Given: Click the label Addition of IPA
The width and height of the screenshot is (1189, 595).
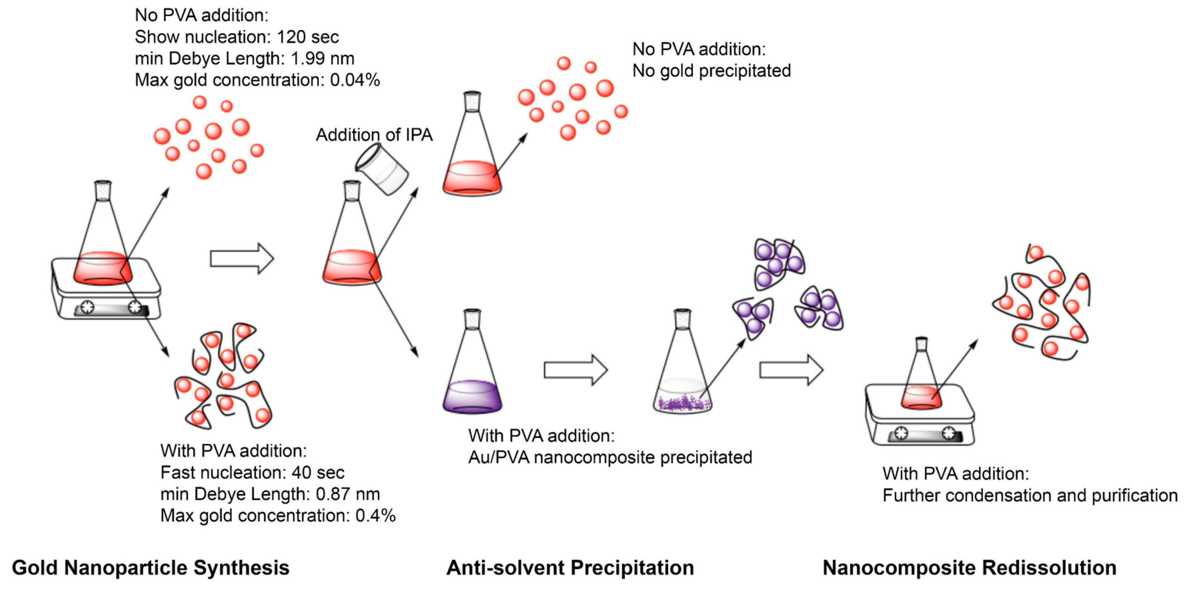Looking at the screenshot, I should (x=374, y=135).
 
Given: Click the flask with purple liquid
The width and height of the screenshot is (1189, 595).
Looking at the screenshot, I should (x=472, y=369).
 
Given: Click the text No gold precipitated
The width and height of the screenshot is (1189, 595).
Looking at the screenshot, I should (x=711, y=71).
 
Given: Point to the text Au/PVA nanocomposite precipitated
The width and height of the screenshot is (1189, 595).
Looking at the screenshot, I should (x=610, y=457).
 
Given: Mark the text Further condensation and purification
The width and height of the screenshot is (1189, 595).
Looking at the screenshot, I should (x=1030, y=495).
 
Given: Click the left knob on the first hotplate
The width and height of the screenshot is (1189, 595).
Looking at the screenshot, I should (x=87, y=307).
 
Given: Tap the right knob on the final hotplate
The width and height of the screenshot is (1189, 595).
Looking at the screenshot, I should (x=949, y=433).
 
